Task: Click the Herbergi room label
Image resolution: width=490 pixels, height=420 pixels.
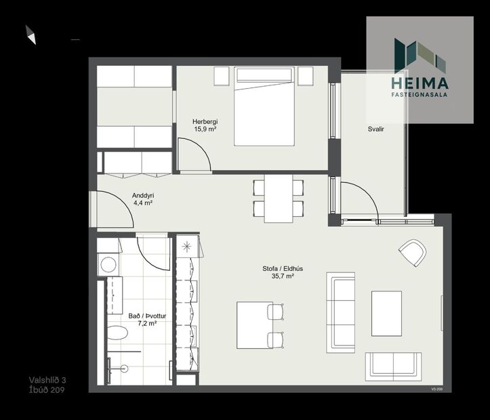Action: tap(205, 122)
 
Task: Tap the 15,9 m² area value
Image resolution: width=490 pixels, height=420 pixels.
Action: tap(205, 129)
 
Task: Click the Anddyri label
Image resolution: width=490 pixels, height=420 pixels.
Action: tap(142, 195)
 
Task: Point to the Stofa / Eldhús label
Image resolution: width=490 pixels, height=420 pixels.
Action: tap(282, 269)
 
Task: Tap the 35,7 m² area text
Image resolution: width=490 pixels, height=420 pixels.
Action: tap(282, 276)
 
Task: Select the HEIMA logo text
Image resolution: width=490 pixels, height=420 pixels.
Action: tap(420, 83)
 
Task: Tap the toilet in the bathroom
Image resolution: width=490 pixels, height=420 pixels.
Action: tap(117, 333)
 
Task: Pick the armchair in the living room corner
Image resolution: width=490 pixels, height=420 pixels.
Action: tap(412, 253)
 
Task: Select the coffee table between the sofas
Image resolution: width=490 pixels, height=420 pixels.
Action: tap(386, 313)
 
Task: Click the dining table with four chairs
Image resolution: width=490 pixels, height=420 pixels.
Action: tap(279, 198)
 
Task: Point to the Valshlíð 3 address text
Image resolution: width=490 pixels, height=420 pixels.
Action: tap(47, 380)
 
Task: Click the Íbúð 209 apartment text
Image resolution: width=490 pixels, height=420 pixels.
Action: tap(47, 390)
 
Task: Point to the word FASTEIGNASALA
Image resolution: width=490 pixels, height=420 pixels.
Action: tap(420, 96)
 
